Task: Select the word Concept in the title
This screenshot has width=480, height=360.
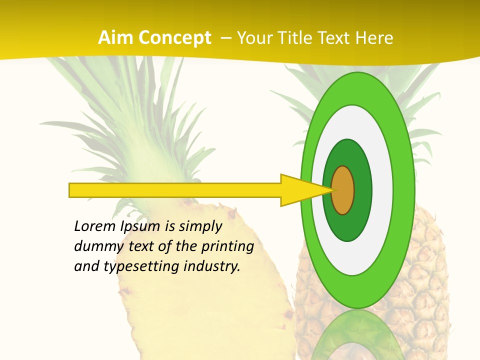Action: coord(174,38)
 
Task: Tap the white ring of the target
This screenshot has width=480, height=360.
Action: coord(385,190)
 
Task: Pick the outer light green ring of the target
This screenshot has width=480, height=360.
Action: coord(406,190)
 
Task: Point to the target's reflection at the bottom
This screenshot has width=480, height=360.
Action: coord(358,335)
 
